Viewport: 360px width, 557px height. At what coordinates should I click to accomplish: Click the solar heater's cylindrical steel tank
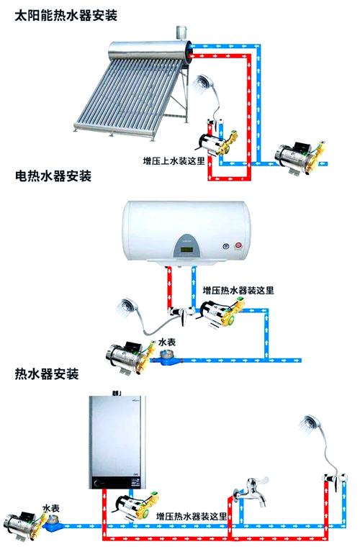(x=148, y=52)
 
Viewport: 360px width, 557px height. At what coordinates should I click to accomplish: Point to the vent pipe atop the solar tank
(x=179, y=32)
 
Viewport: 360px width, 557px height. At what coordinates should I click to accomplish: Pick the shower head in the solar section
(x=201, y=84)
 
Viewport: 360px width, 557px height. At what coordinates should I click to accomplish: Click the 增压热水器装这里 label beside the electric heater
(x=238, y=290)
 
